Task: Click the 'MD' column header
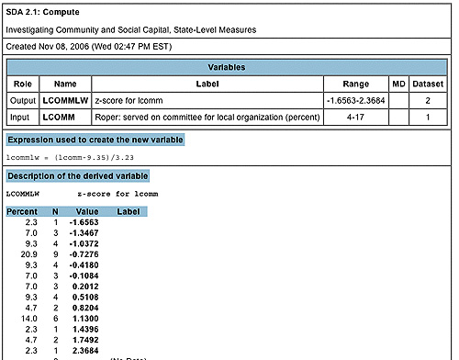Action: click(x=398, y=83)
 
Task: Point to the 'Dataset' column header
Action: click(x=430, y=83)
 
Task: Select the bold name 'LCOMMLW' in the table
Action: click(x=64, y=99)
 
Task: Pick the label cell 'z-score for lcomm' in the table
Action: click(x=132, y=99)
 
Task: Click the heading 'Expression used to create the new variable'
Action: click(x=95, y=140)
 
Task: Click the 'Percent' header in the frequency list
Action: click(x=22, y=211)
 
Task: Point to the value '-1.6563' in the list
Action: click(x=84, y=223)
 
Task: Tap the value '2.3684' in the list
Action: click(x=86, y=351)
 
